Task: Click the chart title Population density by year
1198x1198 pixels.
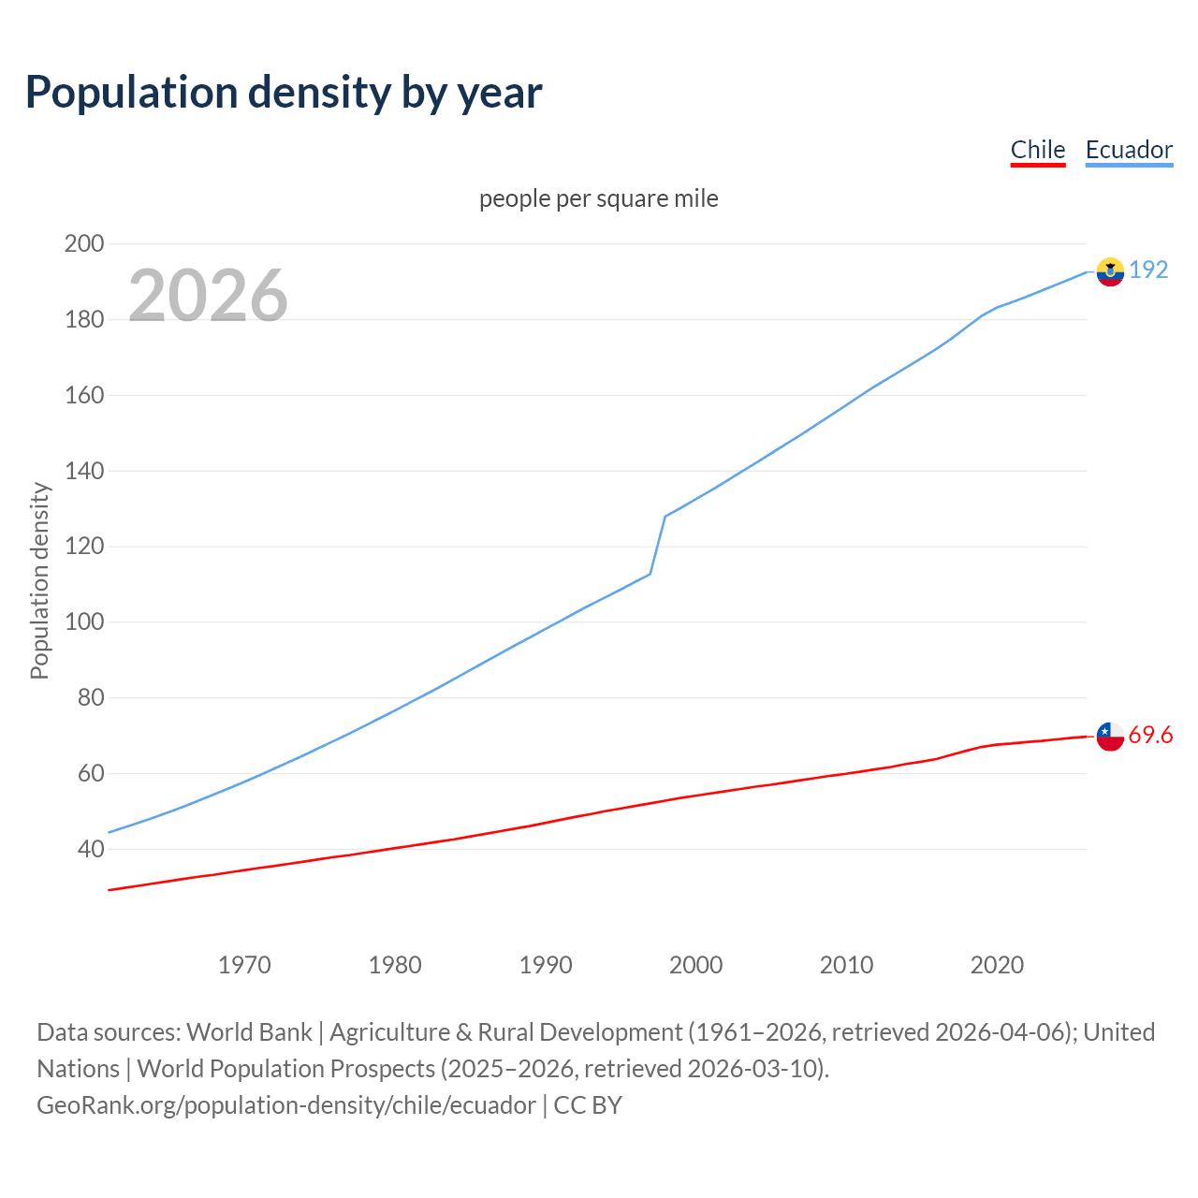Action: pos(284,92)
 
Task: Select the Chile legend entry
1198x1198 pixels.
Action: pos(1038,150)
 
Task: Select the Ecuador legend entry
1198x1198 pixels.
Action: pos(1129,150)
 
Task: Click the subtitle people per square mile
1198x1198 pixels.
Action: pos(598,198)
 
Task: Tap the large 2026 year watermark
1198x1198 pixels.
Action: pos(208,296)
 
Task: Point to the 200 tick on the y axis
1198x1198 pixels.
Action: pos(83,243)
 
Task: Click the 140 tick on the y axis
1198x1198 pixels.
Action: pos(83,471)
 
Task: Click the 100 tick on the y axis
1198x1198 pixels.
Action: pos(83,622)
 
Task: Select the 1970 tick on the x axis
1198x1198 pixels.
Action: pos(244,965)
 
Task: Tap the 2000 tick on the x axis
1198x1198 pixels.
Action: pos(695,965)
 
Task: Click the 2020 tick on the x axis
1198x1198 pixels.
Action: pos(997,965)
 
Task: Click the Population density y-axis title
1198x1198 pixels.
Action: pos(39,580)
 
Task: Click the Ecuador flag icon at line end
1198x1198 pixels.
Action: pos(1110,271)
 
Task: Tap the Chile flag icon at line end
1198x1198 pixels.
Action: pos(1110,737)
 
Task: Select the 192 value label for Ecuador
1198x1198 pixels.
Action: pos(1148,270)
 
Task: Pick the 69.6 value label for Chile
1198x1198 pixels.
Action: pos(1150,736)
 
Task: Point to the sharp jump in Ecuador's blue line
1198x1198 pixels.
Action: pos(658,545)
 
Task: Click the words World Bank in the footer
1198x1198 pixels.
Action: pos(249,1031)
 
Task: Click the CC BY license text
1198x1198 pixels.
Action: pos(588,1105)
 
